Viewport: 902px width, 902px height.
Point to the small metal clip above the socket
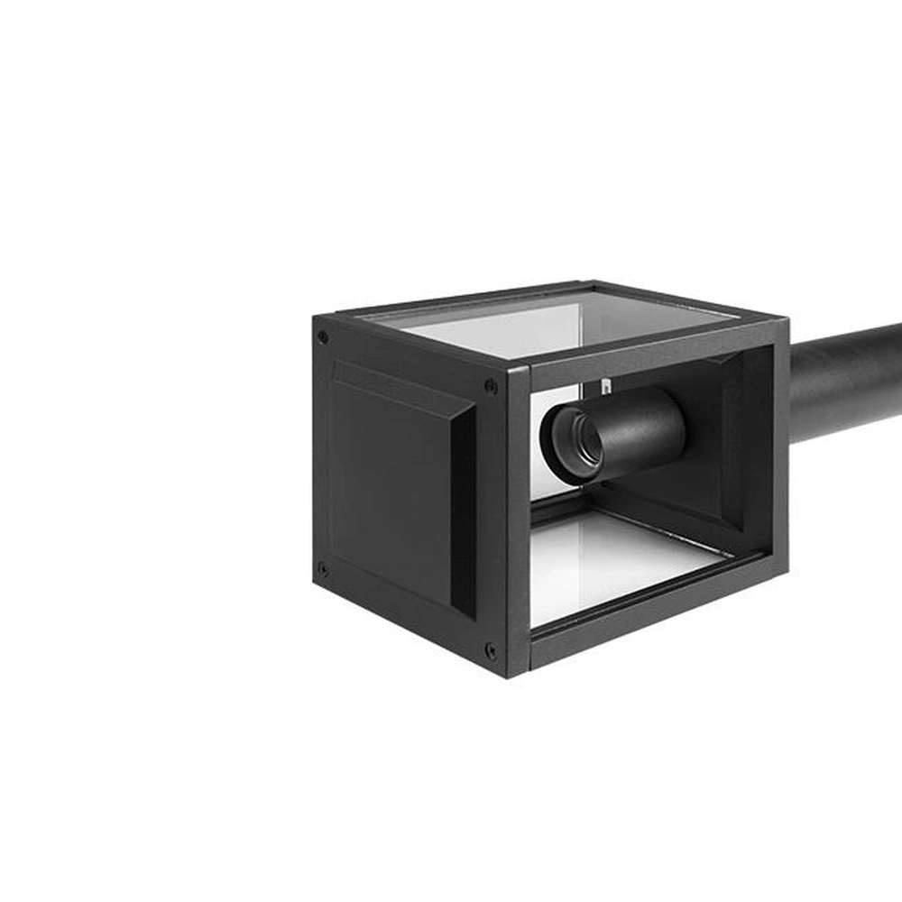coord(606,386)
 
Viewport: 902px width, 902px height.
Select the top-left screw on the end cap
coord(323,337)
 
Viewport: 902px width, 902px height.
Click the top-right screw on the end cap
coord(491,386)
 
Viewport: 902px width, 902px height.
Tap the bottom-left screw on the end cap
coord(322,569)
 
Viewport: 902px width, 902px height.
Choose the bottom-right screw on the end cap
coord(491,649)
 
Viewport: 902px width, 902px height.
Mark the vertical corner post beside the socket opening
coord(518,523)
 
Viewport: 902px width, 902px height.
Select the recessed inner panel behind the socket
coord(722,451)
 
